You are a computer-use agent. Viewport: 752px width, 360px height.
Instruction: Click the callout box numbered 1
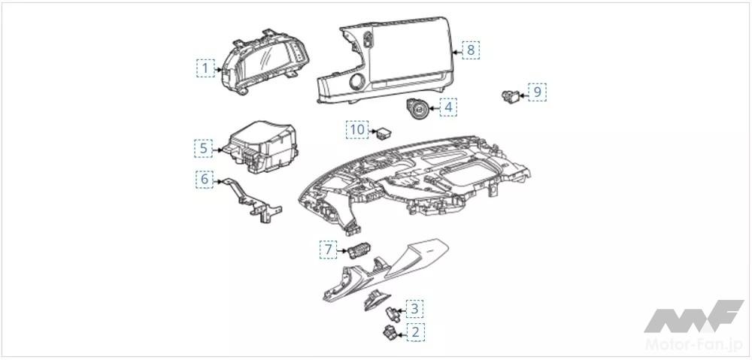[x=204, y=68]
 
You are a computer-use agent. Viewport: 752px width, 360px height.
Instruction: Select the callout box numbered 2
[x=416, y=331]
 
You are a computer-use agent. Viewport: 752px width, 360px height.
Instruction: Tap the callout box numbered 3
[x=416, y=308]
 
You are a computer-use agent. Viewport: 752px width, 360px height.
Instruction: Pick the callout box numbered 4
[x=448, y=107]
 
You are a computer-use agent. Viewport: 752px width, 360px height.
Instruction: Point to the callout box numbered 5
[x=203, y=148]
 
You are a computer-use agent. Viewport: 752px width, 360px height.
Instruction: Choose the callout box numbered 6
[x=203, y=180]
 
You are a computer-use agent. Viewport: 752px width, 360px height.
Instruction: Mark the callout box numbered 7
[x=328, y=247]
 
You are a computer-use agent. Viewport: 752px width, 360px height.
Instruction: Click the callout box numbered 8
[x=470, y=50]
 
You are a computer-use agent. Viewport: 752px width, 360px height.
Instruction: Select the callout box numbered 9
[x=538, y=92]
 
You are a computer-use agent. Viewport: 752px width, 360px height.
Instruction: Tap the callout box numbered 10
[x=357, y=130]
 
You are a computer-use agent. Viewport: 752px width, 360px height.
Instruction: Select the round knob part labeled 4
[x=418, y=108]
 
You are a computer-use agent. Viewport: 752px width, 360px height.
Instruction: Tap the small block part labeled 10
[x=385, y=133]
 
